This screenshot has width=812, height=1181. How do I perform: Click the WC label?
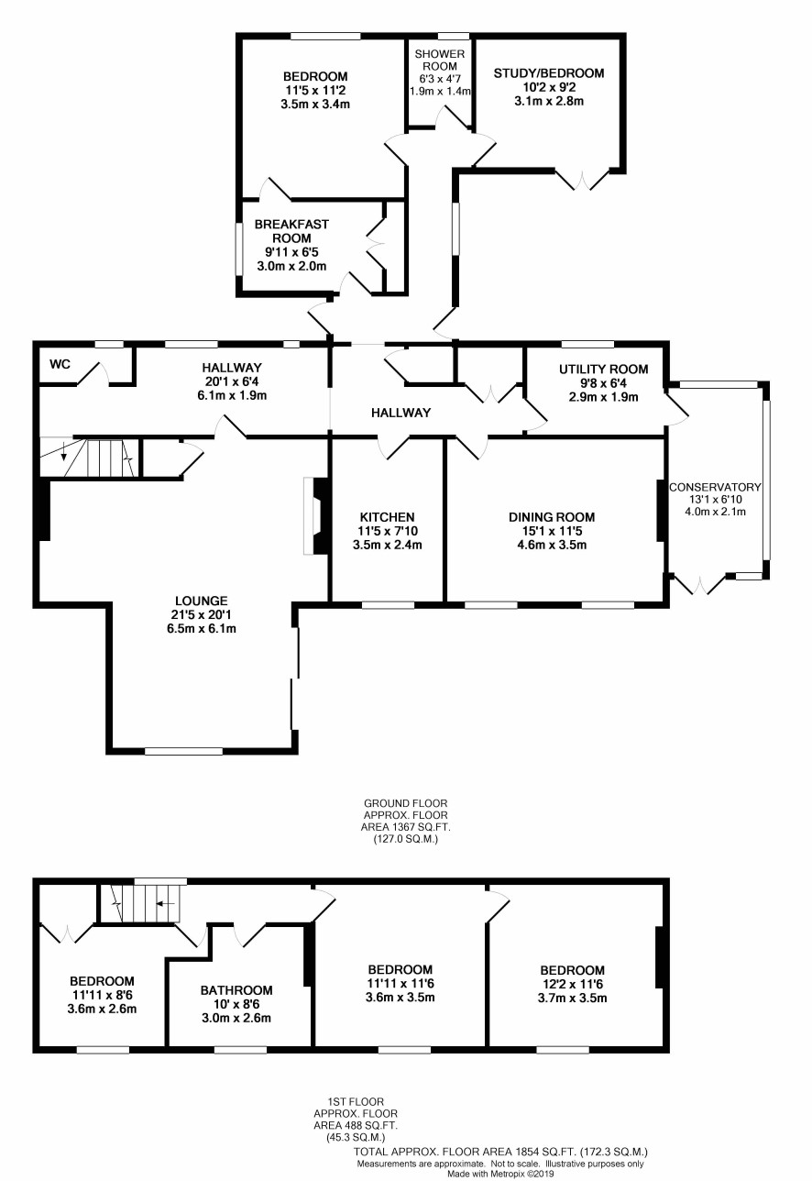tap(60, 364)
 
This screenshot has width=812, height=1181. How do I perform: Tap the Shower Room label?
tap(440, 61)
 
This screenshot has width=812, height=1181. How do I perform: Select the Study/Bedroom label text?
tap(549, 73)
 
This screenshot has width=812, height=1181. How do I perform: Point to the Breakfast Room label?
tap(291, 231)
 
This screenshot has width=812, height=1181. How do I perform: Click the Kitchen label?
tap(388, 517)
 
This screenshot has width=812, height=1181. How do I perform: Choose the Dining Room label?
tap(552, 517)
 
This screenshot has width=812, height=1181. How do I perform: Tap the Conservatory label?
tap(715, 487)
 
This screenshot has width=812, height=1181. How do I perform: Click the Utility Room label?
tap(603, 369)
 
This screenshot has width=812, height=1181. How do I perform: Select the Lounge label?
tap(202, 601)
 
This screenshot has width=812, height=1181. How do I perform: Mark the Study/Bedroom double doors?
tap(583, 180)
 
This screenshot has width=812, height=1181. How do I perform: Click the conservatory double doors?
tap(700, 585)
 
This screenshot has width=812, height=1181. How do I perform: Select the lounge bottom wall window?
tap(184, 751)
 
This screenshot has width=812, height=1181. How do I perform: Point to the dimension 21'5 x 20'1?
tap(202, 614)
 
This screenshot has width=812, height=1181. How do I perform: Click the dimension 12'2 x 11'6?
tap(572, 984)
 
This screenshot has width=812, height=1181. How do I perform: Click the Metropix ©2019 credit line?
tap(499, 1175)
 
